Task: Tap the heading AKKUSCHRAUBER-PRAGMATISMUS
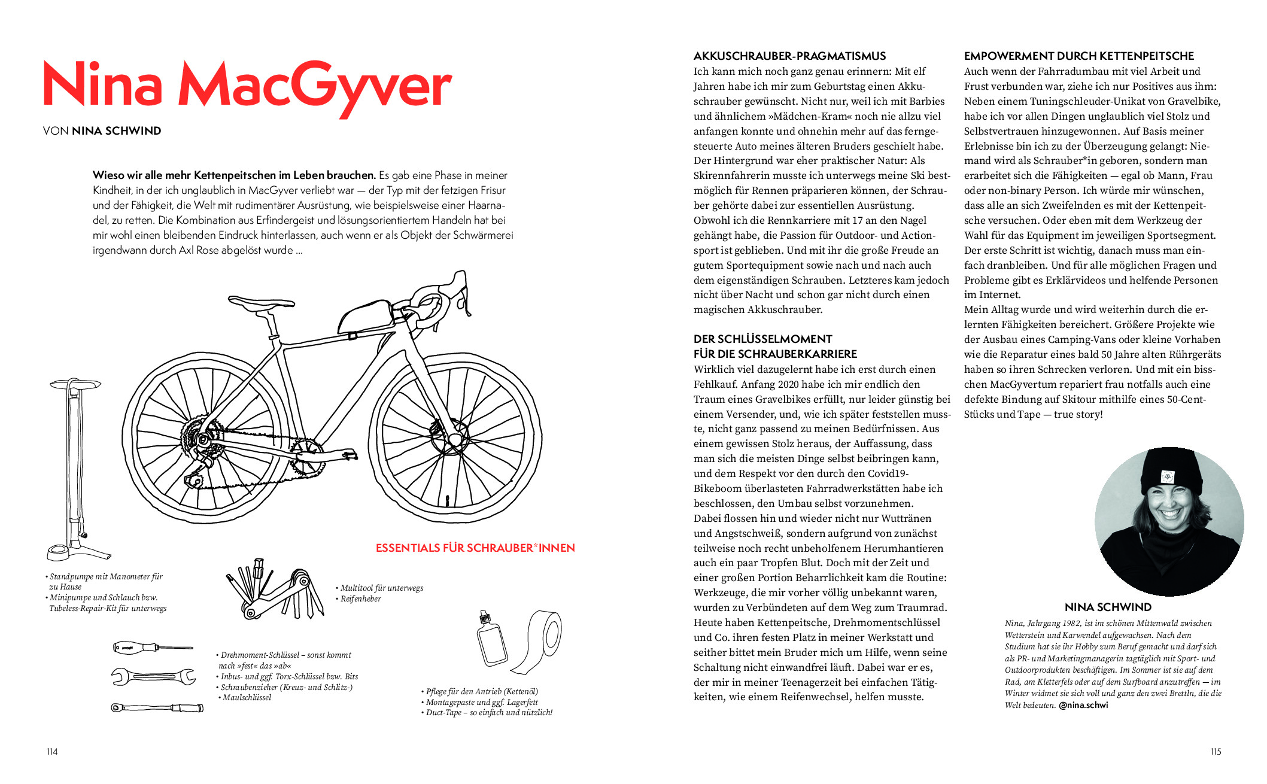click(x=789, y=56)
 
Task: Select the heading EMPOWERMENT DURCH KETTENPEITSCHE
click(x=1078, y=56)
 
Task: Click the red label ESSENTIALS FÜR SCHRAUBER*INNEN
click(x=475, y=548)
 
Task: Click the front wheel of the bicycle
click(x=454, y=442)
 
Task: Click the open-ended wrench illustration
click(x=153, y=676)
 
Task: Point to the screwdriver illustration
click(x=153, y=648)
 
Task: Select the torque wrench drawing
click(x=157, y=708)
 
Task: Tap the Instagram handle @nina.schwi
click(x=1083, y=706)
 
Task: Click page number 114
click(x=52, y=752)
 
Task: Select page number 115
click(x=1215, y=752)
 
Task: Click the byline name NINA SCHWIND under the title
click(x=116, y=131)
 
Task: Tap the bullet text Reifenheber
click(x=361, y=599)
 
